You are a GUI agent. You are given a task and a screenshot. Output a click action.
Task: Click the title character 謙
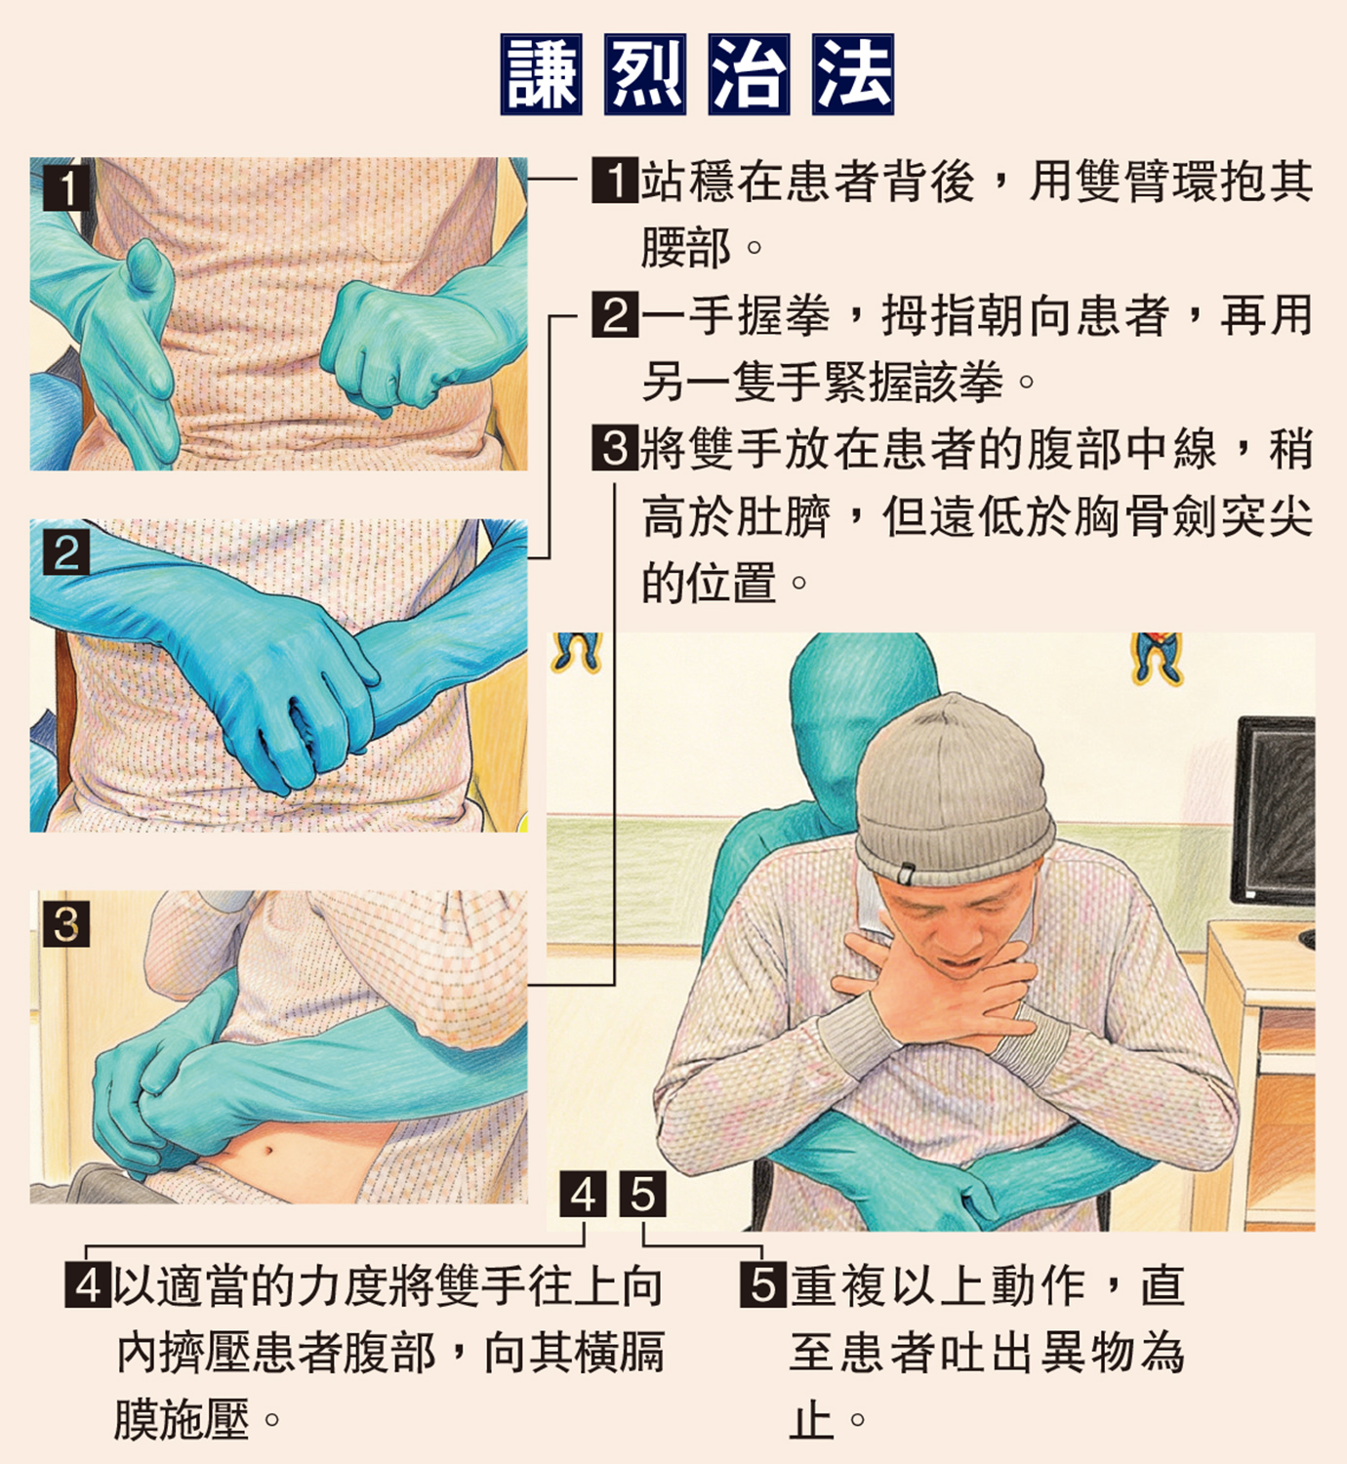point(541,74)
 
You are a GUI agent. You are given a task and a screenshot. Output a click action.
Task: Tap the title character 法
point(853,74)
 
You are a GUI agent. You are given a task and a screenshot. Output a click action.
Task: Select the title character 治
point(749,74)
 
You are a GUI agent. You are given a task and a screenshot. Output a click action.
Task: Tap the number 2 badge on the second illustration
point(66,551)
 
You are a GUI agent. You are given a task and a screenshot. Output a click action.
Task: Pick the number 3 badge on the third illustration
point(66,924)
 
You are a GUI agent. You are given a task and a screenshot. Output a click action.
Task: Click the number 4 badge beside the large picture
point(584,1195)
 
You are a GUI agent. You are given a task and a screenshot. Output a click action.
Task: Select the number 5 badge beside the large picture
point(643,1195)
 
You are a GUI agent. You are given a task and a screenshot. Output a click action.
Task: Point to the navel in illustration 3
point(267,1153)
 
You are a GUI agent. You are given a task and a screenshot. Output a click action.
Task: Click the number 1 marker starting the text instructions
point(615,180)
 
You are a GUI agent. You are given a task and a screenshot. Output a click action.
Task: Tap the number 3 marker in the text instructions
point(615,447)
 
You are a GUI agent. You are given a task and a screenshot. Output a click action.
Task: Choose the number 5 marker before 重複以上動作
point(763,1284)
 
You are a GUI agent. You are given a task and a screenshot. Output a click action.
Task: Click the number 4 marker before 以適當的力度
point(89,1284)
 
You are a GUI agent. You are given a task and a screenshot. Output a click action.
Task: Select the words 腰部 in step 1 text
point(686,247)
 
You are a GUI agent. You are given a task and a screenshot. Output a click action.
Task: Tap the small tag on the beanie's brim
point(907,873)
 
